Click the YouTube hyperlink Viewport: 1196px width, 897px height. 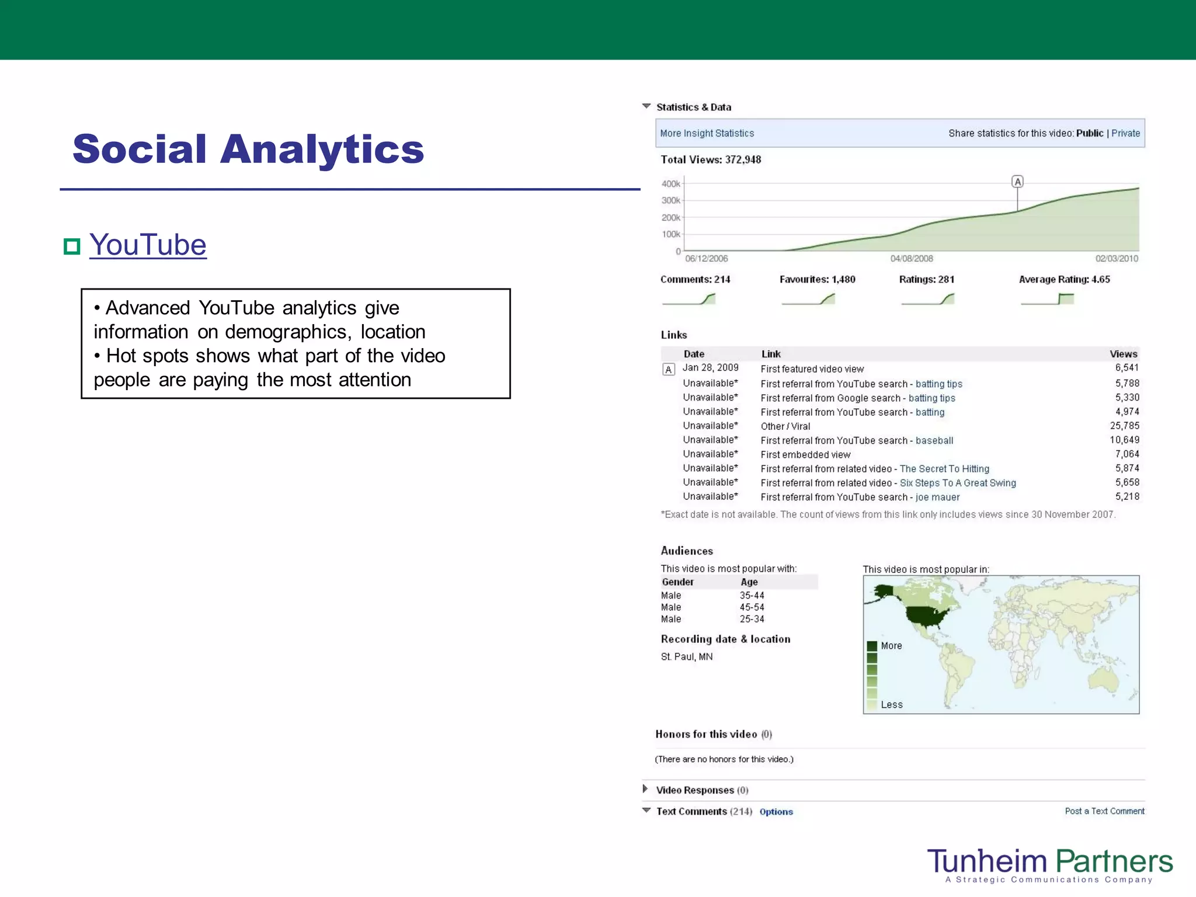(148, 245)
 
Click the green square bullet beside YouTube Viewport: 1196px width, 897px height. (72, 246)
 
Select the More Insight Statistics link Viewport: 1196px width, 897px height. (707, 133)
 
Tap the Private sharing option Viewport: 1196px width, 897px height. (1125, 133)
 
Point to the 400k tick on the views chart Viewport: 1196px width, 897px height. (671, 184)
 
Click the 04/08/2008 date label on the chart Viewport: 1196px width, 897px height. (912, 259)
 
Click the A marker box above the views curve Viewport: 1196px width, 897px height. (1017, 182)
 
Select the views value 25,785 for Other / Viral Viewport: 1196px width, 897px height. (1124, 426)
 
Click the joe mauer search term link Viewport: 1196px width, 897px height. (937, 497)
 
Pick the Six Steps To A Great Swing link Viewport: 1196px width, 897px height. (958, 483)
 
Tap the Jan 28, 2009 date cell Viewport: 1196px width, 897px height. (710, 368)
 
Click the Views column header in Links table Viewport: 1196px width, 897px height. (1123, 354)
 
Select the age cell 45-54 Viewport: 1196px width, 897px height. (752, 607)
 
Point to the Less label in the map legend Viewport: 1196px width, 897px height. (892, 705)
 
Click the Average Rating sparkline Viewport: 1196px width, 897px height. (1048, 299)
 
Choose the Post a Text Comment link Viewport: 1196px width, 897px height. (1104, 811)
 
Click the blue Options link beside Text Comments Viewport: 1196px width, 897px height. (776, 812)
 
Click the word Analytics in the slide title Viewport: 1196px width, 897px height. (322, 149)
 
